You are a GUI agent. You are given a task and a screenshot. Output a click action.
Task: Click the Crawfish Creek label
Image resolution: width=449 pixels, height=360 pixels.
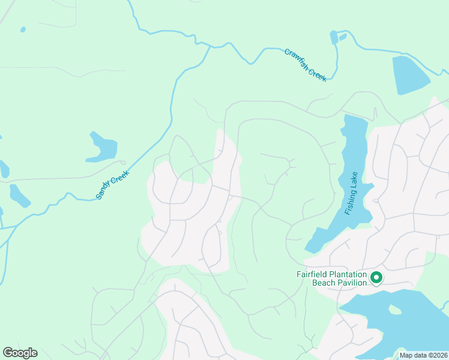coord(306,65)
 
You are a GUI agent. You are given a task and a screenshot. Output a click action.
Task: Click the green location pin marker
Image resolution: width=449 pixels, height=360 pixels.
coord(376,277)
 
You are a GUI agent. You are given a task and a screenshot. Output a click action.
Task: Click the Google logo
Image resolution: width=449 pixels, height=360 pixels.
coord(20,353)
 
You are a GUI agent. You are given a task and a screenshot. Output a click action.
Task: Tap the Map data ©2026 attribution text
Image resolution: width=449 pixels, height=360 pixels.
coord(423,355)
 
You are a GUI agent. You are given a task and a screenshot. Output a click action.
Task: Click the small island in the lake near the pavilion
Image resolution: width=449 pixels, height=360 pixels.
coord(394,310)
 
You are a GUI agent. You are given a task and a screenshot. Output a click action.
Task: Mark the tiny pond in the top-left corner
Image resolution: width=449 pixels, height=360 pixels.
coord(23,29)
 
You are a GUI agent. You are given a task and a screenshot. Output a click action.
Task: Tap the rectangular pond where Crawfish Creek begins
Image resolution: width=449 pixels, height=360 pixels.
coord(334,37)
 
